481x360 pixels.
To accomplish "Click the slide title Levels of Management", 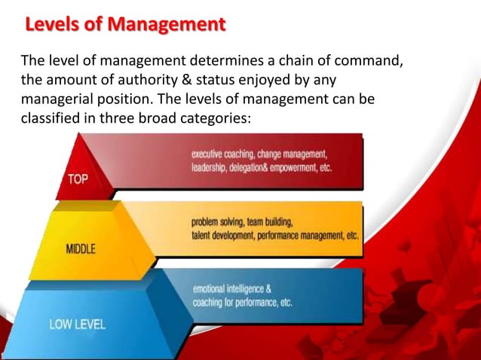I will coord(125,25).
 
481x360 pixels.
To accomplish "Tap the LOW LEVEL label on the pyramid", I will coord(77,325).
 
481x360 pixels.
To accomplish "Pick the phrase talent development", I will coord(222,236).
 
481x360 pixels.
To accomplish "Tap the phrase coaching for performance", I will coord(236,303).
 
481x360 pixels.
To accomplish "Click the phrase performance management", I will coord(299,236).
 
